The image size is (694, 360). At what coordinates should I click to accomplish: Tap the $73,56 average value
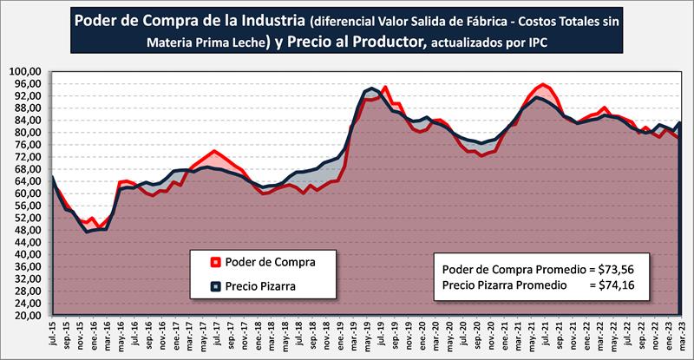[x=623, y=267]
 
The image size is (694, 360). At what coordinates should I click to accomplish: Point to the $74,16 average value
[x=623, y=284]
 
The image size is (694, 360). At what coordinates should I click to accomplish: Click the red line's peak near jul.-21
[x=543, y=84]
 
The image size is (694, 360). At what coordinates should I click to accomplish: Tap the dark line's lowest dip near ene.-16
[x=87, y=232]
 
